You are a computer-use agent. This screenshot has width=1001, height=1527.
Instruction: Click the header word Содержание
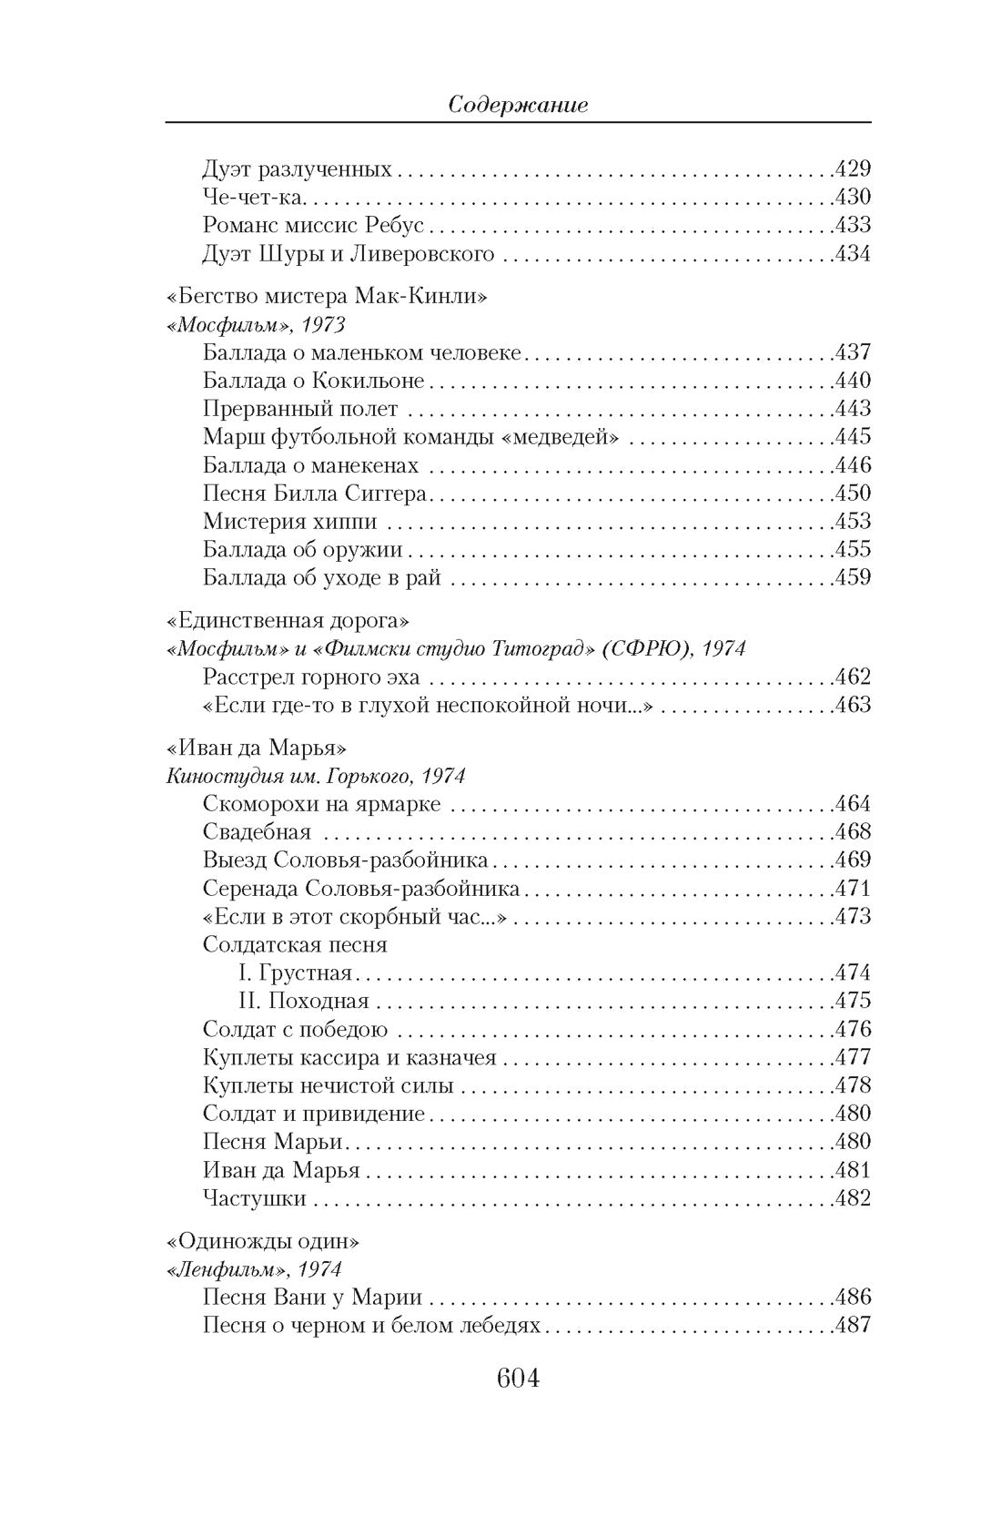518,105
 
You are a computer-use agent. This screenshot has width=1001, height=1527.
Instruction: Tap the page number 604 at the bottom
518,1378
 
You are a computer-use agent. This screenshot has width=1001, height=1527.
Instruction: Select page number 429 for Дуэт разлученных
853,169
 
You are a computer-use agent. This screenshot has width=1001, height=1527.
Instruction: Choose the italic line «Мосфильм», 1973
257,325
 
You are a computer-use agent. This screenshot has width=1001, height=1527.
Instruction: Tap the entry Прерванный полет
300,409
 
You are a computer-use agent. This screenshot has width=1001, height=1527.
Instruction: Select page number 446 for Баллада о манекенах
853,465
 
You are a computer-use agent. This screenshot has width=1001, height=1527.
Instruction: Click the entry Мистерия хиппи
289,522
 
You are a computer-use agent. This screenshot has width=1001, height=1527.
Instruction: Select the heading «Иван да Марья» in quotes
258,748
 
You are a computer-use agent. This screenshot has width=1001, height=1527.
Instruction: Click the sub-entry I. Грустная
295,972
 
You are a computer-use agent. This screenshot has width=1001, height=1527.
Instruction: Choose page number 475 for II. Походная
853,1001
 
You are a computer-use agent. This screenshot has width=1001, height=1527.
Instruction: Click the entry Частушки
254,1198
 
